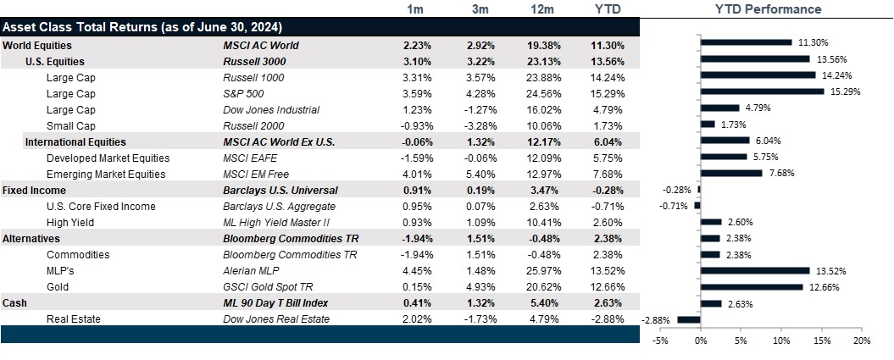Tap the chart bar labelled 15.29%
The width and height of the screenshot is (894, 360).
[762, 91]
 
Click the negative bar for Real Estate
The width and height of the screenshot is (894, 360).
[688, 319]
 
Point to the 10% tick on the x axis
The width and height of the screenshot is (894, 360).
[781, 341]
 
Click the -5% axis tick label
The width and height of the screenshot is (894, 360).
[659, 341]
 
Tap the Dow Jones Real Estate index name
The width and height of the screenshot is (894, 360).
[273, 318]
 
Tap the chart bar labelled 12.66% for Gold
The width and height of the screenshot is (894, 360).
[752, 286]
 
